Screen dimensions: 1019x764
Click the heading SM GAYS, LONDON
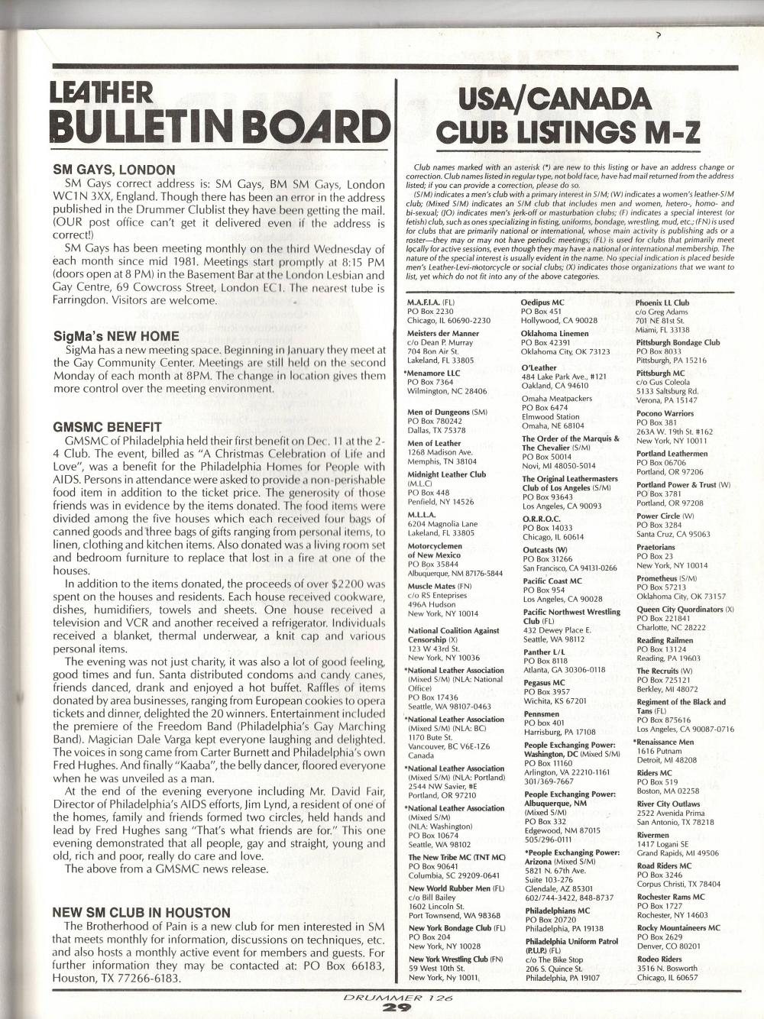(x=114, y=170)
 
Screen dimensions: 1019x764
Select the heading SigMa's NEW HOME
(x=116, y=336)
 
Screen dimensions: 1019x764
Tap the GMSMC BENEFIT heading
(x=107, y=427)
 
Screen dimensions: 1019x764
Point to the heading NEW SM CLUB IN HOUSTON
(x=141, y=913)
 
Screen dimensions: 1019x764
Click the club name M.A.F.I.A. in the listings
(x=426, y=302)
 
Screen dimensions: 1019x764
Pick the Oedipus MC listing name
(x=542, y=302)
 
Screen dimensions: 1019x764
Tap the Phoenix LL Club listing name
(x=662, y=302)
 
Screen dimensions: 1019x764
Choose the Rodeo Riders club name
(x=659, y=959)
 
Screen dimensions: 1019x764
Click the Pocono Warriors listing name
(x=665, y=413)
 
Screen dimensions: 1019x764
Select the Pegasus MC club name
(x=543, y=682)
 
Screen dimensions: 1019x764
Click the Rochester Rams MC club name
(x=670, y=897)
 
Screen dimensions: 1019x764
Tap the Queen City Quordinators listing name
(x=680, y=610)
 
